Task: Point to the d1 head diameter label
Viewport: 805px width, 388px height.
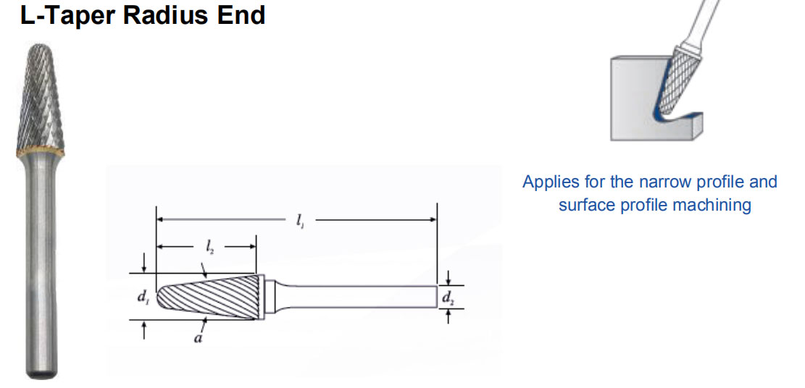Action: point(144,296)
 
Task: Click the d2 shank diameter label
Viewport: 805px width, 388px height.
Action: point(449,297)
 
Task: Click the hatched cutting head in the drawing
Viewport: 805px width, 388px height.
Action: point(210,297)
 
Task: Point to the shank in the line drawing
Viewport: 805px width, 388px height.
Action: point(362,297)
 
